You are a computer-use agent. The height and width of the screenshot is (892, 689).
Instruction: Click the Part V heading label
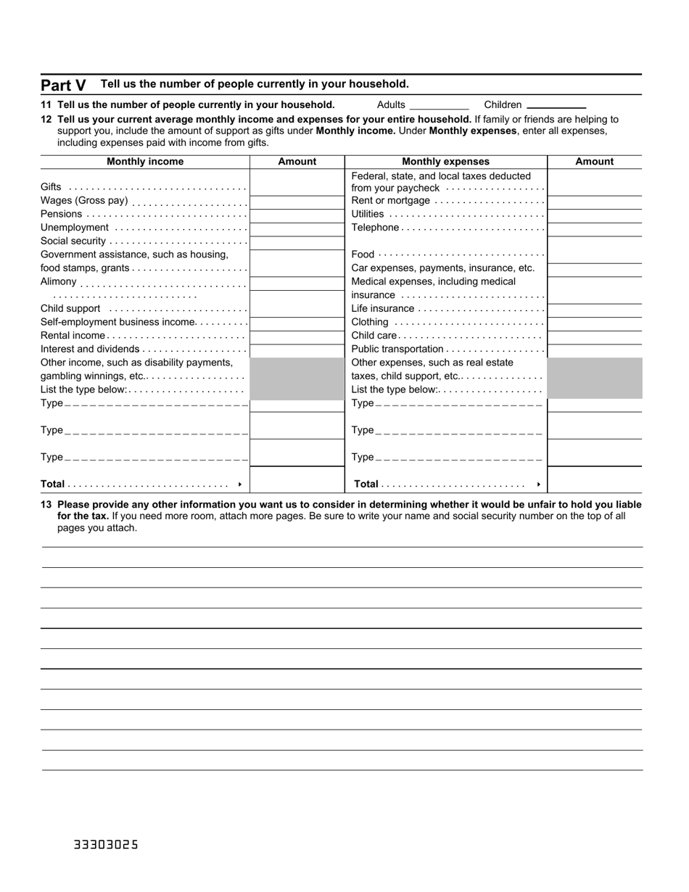63,85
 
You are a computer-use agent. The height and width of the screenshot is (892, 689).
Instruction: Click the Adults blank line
439,105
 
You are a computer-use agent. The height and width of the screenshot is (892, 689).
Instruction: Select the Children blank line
556,105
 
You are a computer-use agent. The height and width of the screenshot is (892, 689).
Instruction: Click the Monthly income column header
145,162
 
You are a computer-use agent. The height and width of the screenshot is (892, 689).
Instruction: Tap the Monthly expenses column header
445,162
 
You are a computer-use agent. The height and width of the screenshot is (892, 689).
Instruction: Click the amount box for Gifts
297,187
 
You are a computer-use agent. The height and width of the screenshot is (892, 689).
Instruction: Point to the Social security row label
73,241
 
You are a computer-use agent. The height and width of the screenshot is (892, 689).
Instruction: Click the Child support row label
70,308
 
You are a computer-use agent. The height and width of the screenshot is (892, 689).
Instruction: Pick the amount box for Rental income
297,336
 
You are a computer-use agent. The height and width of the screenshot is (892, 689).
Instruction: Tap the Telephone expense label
375,228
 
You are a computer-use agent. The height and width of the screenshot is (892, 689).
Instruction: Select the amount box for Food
594,255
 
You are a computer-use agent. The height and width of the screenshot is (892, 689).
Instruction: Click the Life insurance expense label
382,308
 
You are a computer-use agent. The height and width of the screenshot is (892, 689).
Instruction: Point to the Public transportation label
397,349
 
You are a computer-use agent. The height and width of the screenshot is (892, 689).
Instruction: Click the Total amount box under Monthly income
297,480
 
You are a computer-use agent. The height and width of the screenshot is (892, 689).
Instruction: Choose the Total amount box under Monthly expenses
594,480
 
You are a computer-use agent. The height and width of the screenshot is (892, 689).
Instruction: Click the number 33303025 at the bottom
105,845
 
